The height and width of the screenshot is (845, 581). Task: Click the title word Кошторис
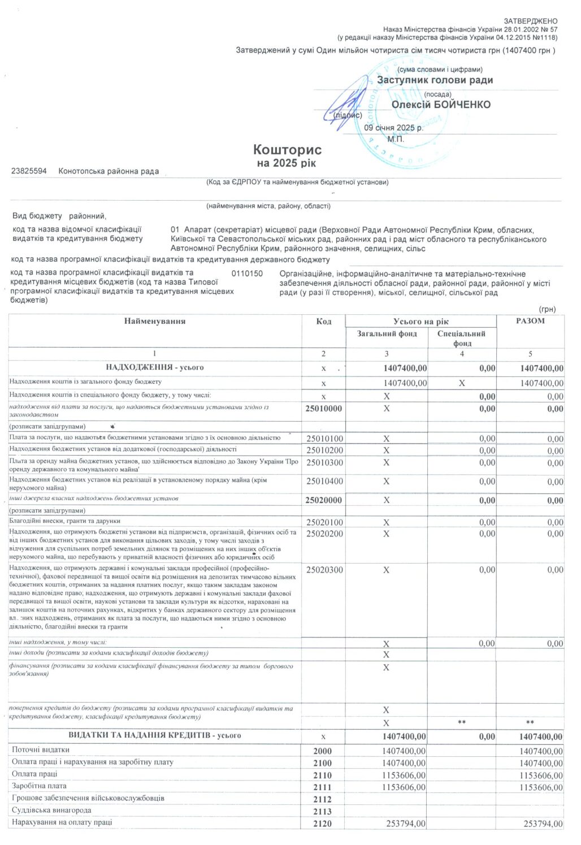click(287, 150)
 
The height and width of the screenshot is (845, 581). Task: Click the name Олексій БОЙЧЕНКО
click(441, 105)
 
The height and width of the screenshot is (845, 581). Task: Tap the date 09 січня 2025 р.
click(393, 128)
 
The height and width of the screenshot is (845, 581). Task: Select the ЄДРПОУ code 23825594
click(29, 171)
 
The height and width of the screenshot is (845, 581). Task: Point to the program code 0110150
click(247, 274)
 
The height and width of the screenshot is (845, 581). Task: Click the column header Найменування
click(155, 322)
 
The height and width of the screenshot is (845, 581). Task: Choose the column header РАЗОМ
click(530, 321)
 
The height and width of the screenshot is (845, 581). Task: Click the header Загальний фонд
click(387, 334)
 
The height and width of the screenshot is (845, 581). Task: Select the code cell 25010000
click(323, 409)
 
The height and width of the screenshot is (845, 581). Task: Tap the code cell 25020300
click(324, 570)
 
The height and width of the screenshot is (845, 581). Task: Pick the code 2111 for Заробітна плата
click(322, 787)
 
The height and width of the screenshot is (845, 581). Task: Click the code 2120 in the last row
click(322, 824)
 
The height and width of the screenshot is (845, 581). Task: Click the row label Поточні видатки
click(41, 750)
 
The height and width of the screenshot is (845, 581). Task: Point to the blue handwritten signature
click(345, 102)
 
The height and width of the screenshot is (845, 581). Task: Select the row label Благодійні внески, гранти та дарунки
click(65, 521)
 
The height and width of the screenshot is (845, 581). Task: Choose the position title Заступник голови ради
click(435, 80)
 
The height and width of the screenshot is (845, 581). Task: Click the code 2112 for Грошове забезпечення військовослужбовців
click(322, 799)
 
